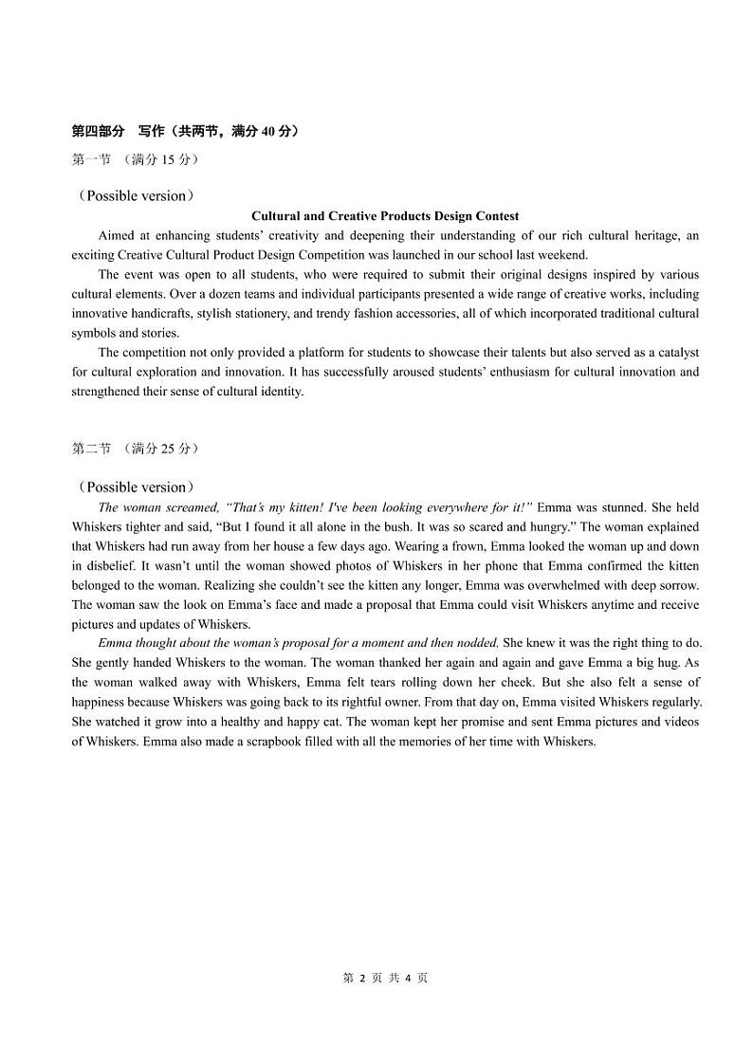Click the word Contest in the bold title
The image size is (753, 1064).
click(x=495, y=216)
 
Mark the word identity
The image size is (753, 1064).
click(x=275, y=391)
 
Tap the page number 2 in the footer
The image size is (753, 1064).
click(x=361, y=978)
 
